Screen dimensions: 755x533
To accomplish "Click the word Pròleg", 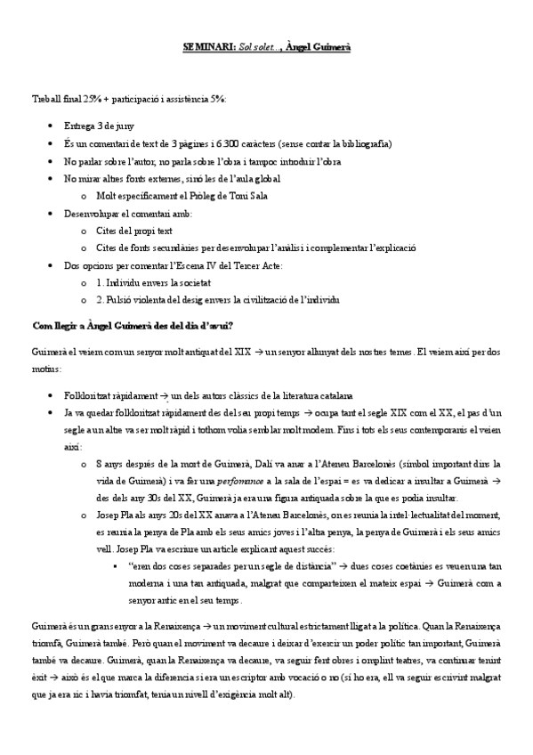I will [x=198, y=195].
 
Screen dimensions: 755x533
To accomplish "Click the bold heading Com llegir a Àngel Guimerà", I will [x=132, y=326].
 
